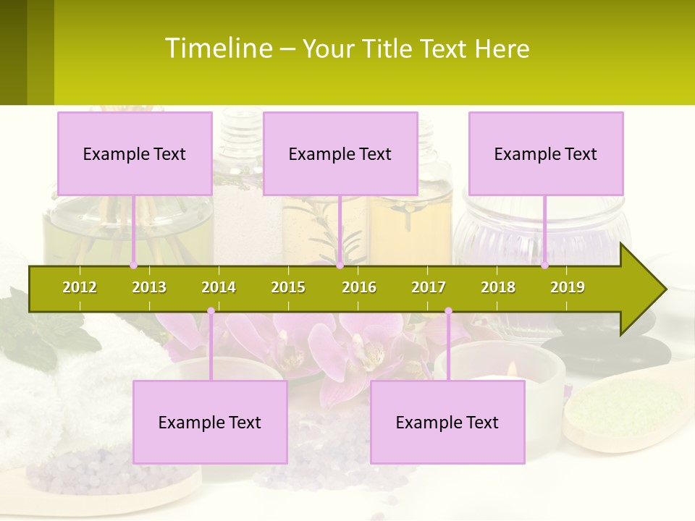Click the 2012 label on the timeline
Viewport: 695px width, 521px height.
coord(80,287)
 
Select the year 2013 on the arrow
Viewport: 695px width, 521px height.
coord(149,287)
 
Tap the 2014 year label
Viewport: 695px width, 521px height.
coord(219,287)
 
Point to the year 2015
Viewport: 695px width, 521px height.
coord(288,287)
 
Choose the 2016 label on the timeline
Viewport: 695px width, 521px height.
coord(359,287)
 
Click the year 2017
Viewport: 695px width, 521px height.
coord(429,287)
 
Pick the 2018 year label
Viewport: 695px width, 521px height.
coord(498,287)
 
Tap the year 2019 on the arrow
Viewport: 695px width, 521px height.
coord(568,287)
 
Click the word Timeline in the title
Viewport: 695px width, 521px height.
coord(218,48)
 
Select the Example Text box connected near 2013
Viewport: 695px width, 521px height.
coord(135,153)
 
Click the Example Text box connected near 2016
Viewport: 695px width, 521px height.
coord(340,153)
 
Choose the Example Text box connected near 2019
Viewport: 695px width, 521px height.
coord(546,153)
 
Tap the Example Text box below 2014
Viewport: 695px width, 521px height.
coord(210,422)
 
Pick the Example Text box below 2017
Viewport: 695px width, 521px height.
coord(447,422)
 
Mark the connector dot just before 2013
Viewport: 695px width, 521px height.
coord(133,266)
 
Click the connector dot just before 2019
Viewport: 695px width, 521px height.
coord(544,266)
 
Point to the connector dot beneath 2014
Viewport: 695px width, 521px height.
coord(211,311)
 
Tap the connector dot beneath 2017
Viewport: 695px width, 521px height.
coord(448,311)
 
